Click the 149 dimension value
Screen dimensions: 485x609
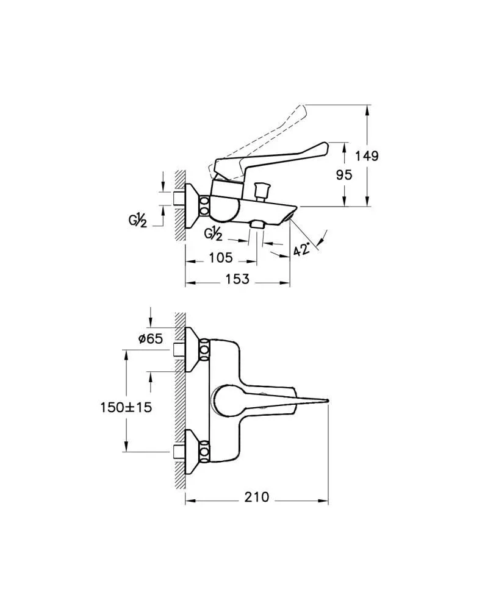point(367,155)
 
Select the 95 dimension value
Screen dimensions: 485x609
point(344,175)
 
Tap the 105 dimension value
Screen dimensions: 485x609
point(221,257)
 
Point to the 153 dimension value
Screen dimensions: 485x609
point(237,279)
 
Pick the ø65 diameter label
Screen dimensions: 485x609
point(150,339)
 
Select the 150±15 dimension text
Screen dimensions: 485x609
point(126,407)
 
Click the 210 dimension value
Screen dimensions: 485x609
point(256,497)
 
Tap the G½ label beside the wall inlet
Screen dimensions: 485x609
point(138,221)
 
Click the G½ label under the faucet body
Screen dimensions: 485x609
point(213,234)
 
